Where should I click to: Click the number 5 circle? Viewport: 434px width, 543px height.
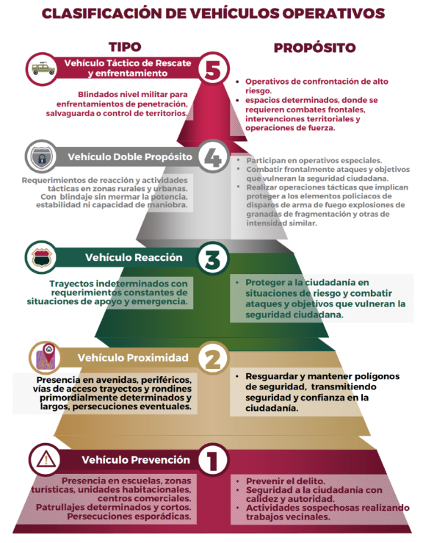214,68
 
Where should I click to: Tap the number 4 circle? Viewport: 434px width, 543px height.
214,157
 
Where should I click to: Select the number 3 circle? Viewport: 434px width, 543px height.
214,258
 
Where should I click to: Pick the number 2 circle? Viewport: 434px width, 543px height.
214,359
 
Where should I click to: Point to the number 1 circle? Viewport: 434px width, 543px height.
214,459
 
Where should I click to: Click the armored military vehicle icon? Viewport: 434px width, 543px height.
43,68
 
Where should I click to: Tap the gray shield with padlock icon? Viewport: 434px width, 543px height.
42,157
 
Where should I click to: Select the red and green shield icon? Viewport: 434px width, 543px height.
41,258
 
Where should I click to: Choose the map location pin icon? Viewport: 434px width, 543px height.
46,356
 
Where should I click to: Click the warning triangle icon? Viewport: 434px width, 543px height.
46,460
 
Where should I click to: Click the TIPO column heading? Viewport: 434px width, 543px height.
125,47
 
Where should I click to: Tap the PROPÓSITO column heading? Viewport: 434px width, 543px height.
314,48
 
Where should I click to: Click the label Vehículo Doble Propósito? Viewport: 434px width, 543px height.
130,157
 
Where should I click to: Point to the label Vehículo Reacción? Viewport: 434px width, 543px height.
134,257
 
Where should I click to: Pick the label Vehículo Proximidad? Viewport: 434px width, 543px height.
133,358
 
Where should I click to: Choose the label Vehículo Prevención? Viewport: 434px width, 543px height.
136,460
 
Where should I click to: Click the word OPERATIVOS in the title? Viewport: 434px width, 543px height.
333,13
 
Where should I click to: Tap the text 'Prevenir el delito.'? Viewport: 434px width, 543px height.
286,481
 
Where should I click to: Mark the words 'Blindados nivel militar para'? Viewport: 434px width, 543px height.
133,94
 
